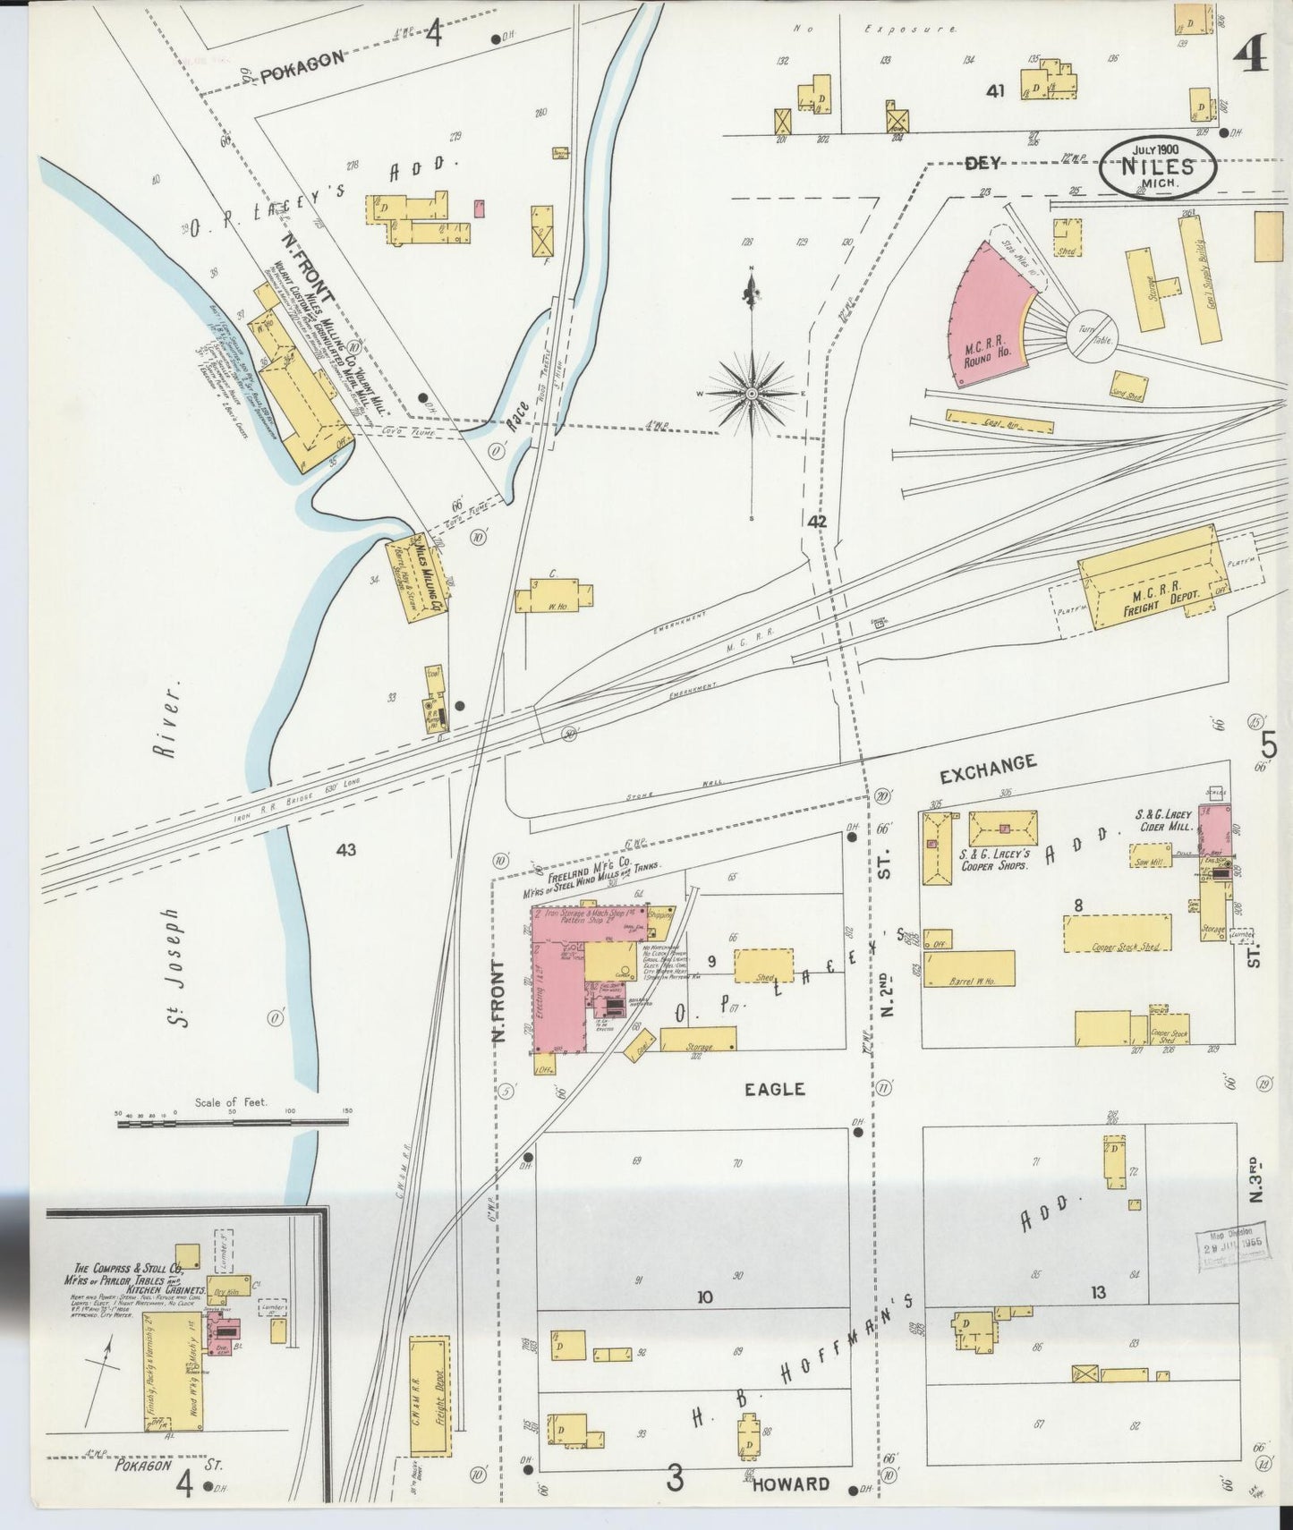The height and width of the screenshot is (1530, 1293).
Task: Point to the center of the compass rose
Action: (x=752, y=393)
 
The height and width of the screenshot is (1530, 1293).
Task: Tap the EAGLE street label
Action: (x=775, y=1089)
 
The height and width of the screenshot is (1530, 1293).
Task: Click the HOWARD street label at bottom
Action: (x=790, y=1483)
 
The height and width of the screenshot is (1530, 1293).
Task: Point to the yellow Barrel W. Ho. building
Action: (x=968, y=968)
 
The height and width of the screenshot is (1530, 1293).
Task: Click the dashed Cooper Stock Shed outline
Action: (x=1117, y=933)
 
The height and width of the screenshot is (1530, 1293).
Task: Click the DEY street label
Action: (x=982, y=164)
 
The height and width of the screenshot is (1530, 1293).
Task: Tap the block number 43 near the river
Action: (x=346, y=849)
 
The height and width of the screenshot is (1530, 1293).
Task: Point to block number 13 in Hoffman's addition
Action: (x=1098, y=1292)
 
